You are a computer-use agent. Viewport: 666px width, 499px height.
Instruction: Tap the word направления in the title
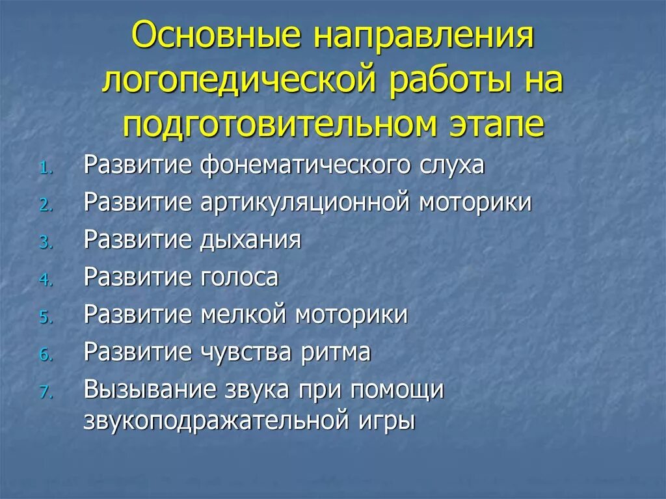[425, 38]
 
